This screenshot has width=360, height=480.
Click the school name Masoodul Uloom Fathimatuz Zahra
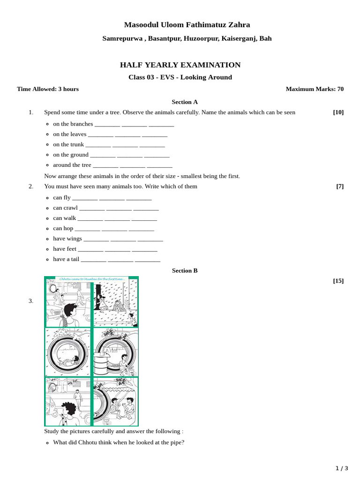187,25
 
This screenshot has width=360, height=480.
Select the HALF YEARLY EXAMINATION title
180,65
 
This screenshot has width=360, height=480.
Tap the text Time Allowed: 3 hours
48,89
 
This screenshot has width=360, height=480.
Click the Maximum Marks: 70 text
315,89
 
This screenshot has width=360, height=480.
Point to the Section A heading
185,102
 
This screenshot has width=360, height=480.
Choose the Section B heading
185,270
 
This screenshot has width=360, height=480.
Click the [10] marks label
338,112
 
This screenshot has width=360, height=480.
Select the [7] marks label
340,186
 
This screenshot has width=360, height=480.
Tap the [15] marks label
338,281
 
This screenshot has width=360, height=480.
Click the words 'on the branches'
73,124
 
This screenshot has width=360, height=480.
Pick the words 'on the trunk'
68,144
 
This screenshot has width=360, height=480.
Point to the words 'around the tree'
72,165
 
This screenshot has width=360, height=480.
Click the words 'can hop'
63,228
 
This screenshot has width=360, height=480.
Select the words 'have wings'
67,239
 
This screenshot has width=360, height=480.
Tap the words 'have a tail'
66,259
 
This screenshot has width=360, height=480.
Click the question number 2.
31,186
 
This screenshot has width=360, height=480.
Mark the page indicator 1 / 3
342,468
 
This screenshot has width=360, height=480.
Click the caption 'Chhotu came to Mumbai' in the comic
92,279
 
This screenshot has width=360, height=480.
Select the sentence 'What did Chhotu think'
119,442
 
